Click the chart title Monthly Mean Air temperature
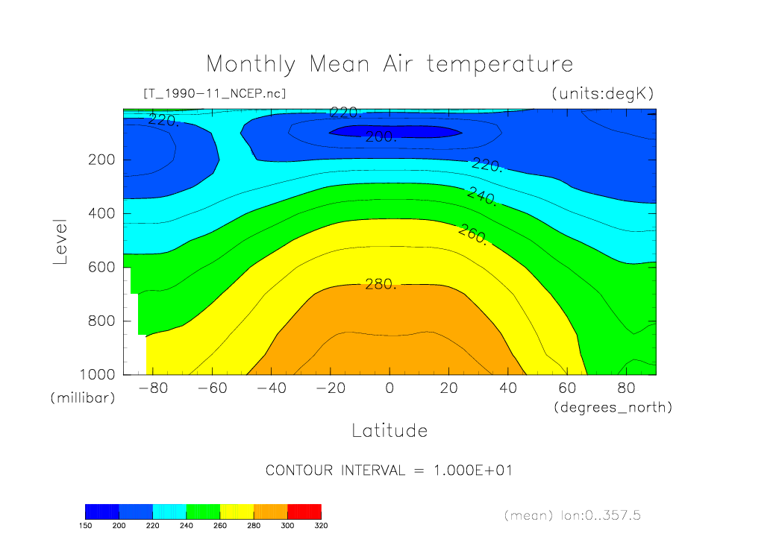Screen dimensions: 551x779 point(389,64)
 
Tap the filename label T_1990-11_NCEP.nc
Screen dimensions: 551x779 point(214,94)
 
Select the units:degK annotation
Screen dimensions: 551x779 point(601,94)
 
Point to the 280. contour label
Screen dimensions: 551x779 point(381,284)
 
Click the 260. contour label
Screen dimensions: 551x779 point(472,234)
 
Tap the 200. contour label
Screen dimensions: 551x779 point(381,136)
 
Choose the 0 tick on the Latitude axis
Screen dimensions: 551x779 point(389,389)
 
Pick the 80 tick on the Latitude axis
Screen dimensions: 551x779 point(626,389)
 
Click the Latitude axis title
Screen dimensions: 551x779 point(389,431)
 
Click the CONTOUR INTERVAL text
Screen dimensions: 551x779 point(389,471)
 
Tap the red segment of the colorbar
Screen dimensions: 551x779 point(304,511)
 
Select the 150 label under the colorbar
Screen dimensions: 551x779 point(85,526)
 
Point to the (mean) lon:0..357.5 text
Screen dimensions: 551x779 point(572,515)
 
